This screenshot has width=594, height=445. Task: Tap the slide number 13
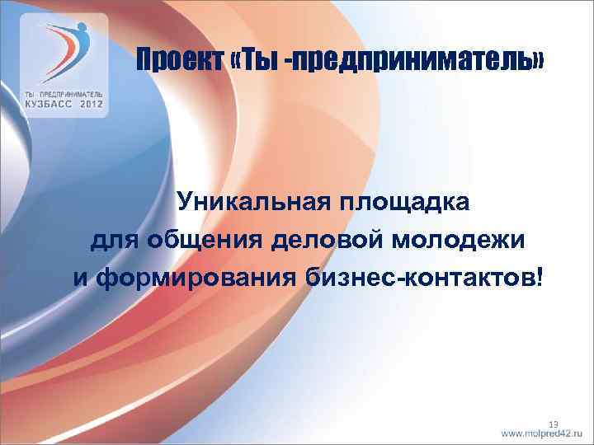click(554, 424)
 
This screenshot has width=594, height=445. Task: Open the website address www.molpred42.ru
click(543, 433)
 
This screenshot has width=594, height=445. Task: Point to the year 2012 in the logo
click(87, 105)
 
